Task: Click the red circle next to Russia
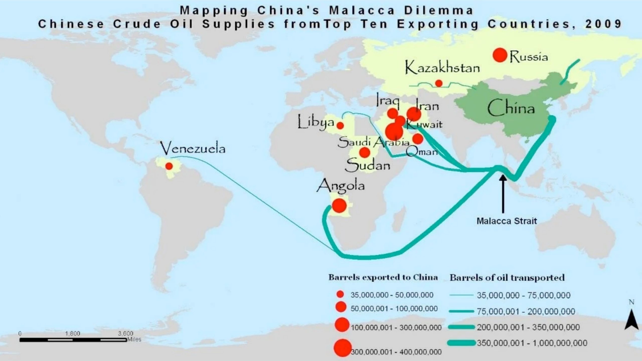click(x=500, y=55)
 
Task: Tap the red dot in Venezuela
click(x=169, y=166)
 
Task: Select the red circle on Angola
click(x=339, y=206)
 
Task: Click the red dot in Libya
click(x=340, y=126)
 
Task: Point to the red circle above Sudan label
click(x=364, y=152)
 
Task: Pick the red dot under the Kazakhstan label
click(x=439, y=83)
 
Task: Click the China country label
click(x=511, y=108)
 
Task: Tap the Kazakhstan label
click(x=442, y=68)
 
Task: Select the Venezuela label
click(x=193, y=148)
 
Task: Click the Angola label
click(x=341, y=186)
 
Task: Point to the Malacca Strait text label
click(x=507, y=221)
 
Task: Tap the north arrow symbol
click(x=631, y=319)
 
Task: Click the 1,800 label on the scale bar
click(x=72, y=334)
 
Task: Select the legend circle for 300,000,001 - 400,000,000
click(x=342, y=348)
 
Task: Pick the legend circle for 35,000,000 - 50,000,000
click(x=340, y=294)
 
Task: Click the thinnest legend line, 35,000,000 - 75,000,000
click(x=461, y=295)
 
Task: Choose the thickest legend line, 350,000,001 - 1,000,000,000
click(x=461, y=343)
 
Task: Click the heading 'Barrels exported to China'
click(x=383, y=278)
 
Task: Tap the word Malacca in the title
click(x=362, y=11)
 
